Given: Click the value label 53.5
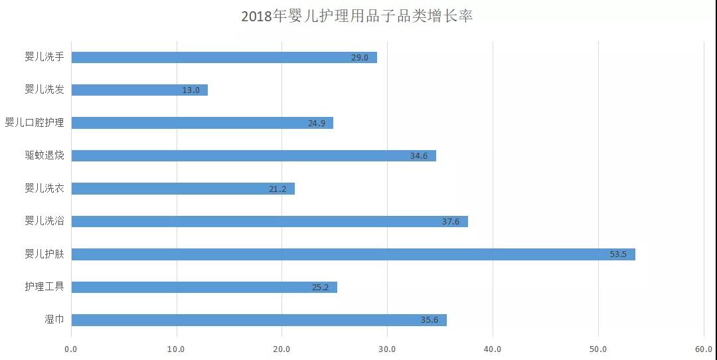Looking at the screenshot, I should tap(618, 254).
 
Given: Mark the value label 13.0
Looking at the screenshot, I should tap(191, 90).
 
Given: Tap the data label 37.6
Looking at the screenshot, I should tap(451, 221).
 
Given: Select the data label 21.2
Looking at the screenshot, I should tap(278, 189).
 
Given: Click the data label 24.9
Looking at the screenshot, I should tap(316, 123).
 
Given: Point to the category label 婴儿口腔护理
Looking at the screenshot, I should tap(35, 123).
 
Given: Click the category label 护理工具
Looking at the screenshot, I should tap(44, 287).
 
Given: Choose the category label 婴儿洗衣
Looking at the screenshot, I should tap(44, 189).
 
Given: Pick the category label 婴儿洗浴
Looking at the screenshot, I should tap(44, 221).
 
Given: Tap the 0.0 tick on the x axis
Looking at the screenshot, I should tap(71, 349).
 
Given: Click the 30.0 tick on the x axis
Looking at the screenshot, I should tap(387, 349).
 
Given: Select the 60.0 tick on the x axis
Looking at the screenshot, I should tap(703, 349).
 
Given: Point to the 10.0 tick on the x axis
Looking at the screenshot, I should tap(176, 349).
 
